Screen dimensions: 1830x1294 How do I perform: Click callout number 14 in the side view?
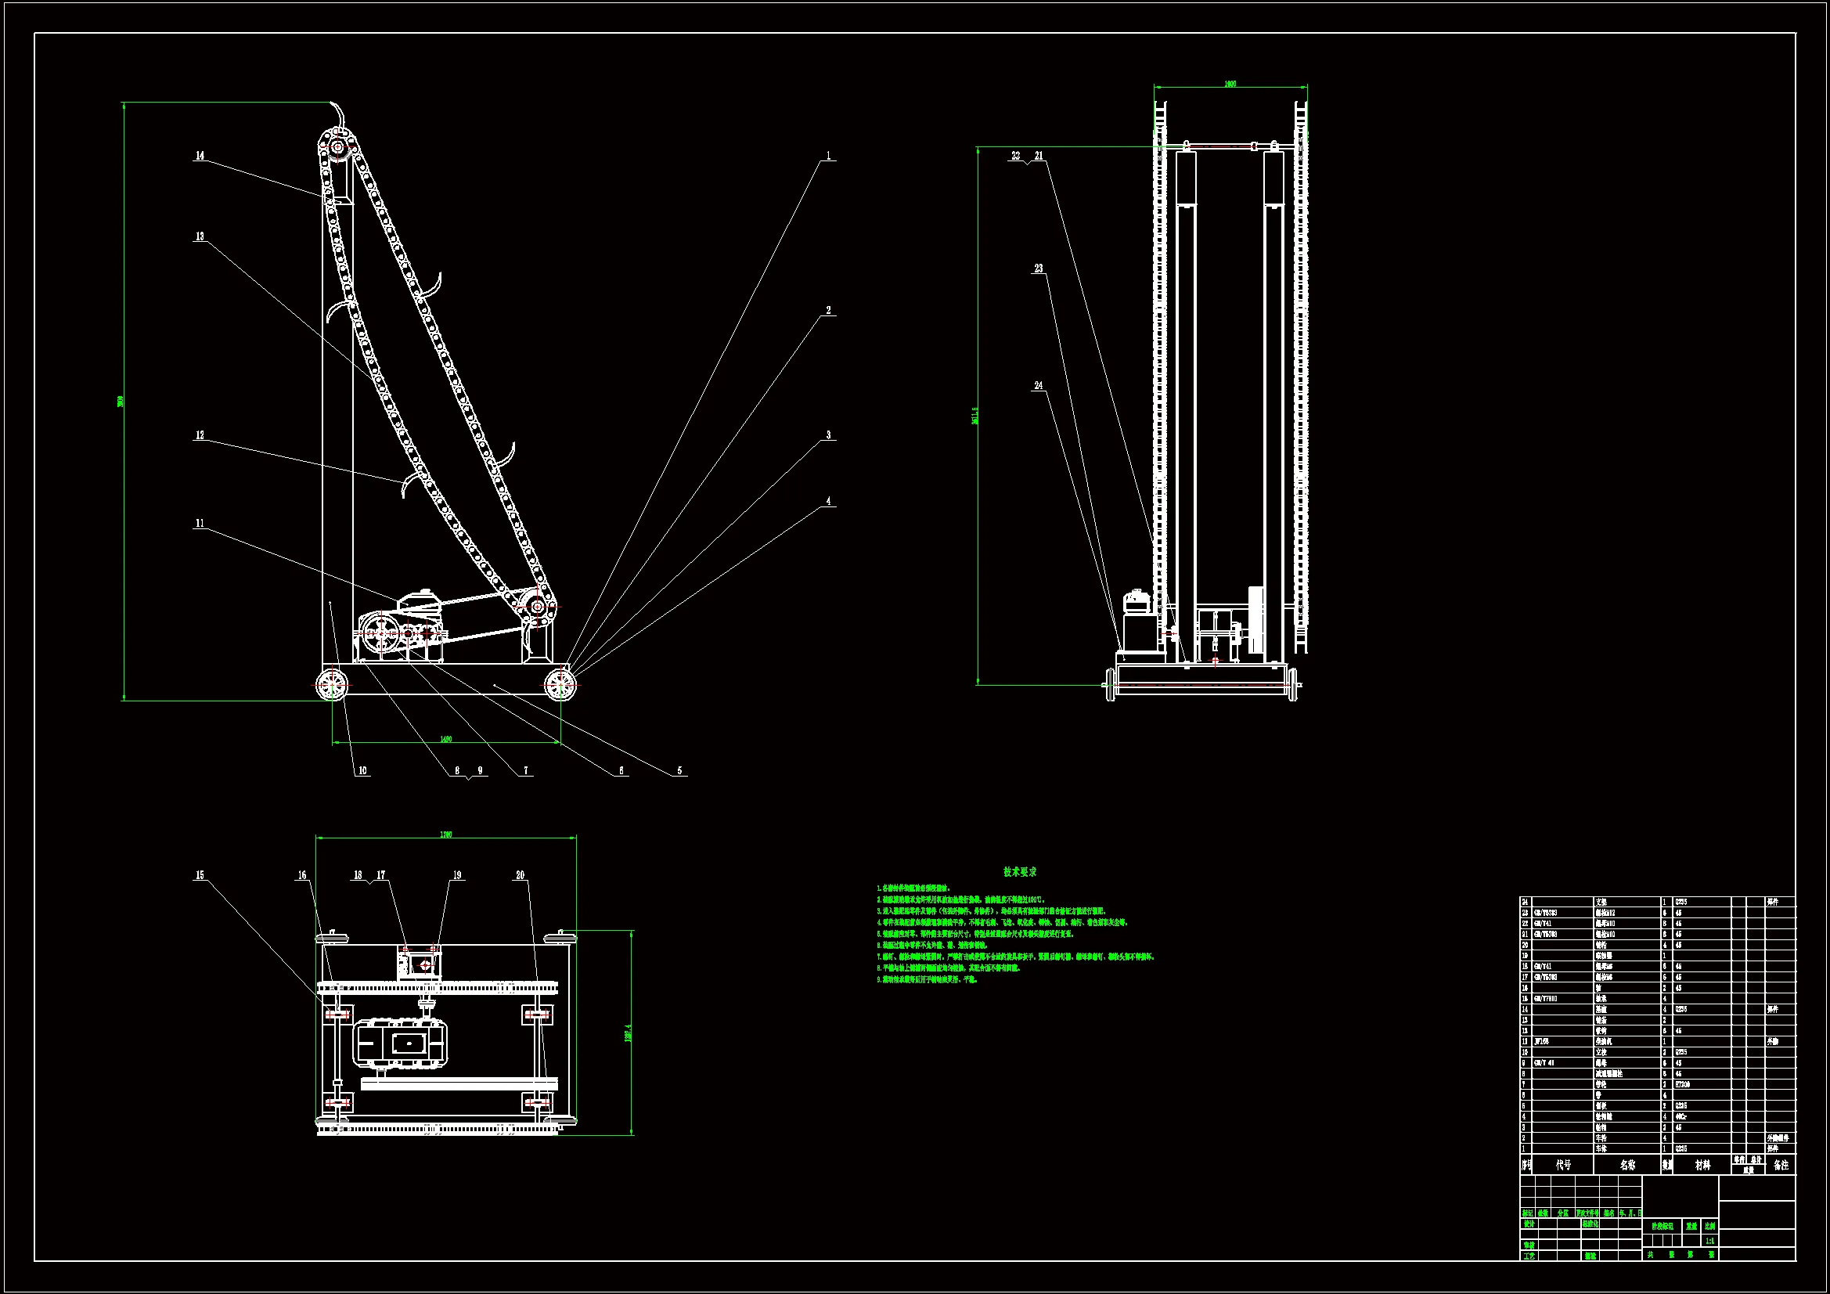(x=200, y=156)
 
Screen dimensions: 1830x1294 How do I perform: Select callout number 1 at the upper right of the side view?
(x=829, y=156)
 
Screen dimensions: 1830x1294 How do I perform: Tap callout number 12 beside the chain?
(x=200, y=435)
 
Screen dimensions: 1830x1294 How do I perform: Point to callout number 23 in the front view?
(x=1039, y=269)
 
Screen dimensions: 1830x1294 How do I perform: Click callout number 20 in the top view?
(x=521, y=875)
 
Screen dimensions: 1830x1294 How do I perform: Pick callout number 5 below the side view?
(x=680, y=771)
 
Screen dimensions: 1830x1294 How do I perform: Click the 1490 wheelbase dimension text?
(x=446, y=739)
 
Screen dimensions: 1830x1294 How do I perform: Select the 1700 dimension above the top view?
(x=446, y=834)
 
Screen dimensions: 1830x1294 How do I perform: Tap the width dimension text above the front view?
(x=1230, y=84)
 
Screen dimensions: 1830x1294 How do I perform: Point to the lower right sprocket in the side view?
(x=538, y=607)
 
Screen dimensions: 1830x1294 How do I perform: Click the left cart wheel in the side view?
(x=333, y=684)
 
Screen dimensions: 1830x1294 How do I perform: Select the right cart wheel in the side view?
(x=560, y=684)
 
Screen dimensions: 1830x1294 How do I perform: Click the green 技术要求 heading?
(x=1020, y=872)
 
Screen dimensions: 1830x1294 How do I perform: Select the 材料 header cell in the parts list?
(x=1702, y=1165)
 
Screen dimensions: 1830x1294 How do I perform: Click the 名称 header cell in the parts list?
(x=1627, y=1165)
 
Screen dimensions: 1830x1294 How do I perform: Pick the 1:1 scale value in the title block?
(x=1709, y=1241)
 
